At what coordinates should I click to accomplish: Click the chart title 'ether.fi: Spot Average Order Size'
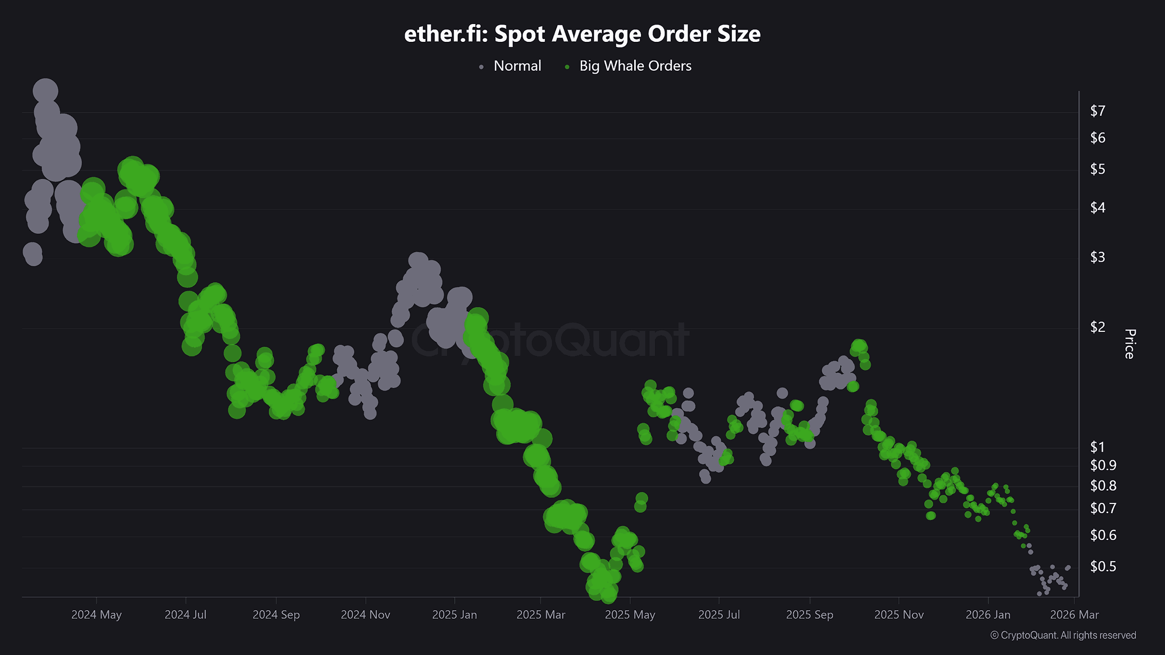pyautogui.click(x=582, y=34)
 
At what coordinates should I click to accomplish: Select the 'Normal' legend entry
pyautogui.click(x=517, y=66)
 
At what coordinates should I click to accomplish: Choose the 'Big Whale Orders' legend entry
pyautogui.click(x=635, y=66)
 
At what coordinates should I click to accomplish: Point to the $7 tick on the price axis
pyautogui.click(x=1097, y=111)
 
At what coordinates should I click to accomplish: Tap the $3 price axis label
pyautogui.click(x=1097, y=257)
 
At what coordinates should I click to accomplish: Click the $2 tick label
pyautogui.click(x=1097, y=327)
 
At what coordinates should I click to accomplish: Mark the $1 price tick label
pyautogui.click(x=1097, y=447)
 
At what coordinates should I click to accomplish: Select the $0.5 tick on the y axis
pyautogui.click(x=1102, y=567)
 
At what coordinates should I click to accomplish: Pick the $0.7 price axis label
pyautogui.click(x=1102, y=508)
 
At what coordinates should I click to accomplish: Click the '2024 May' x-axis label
pyautogui.click(x=96, y=615)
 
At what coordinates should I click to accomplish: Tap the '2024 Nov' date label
pyautogui.click(x=365, y=615)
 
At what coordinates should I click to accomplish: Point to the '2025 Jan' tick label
pyautogui.click(x=454, y=615)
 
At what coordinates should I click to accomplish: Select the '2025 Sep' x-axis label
pyautogui.click(x=809, y=615)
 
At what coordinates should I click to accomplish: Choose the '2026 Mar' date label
pyautogui.click(x=1074, y=615)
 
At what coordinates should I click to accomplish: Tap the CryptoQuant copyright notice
pyautogui.click(x=1063, y=635)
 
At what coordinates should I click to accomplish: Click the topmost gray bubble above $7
pyautogui.click(x=45, y=91)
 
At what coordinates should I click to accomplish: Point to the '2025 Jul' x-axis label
pyautogui.click(x=719, y=615)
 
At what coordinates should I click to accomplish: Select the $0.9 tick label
pyautogui.click(x=1102, y=466)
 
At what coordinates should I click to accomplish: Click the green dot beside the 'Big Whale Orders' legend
pyautogui.click(x=567, y=67)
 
